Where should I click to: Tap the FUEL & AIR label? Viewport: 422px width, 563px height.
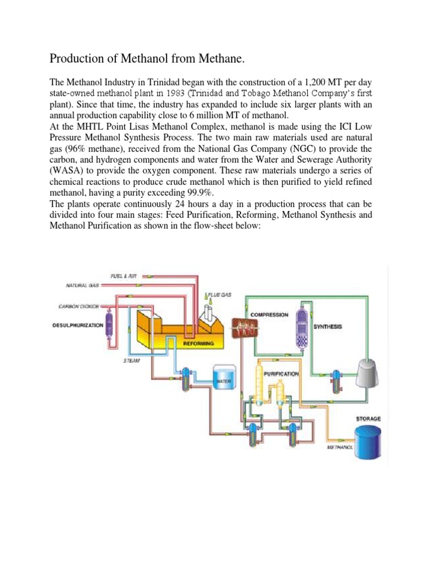tap(123, 275)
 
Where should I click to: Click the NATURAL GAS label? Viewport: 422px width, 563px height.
tap(82, 285)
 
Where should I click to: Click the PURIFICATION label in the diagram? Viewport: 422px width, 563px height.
tap(281, 373)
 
